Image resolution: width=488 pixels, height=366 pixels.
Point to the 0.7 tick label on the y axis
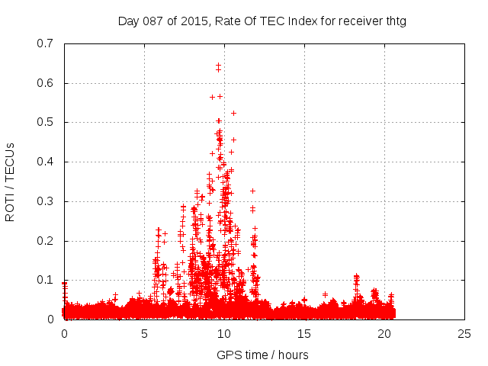(x=47, y=43)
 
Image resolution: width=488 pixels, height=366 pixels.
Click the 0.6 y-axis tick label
(x=47, y=83)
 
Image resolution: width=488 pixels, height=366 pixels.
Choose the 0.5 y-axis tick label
(x=47, y=122)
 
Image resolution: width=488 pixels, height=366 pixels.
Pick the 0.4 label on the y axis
(x=47, y=162)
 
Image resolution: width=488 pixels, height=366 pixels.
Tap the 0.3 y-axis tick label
(x=47, y=201)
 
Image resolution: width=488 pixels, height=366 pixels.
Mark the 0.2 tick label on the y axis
(x=47, y=241)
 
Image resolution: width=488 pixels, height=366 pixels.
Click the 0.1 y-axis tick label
(x=47, y=280)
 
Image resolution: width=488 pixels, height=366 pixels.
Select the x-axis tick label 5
(x=144, y=333)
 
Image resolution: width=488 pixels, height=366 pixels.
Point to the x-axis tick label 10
(x=224, y=333)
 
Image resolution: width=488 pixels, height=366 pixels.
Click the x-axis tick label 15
(x=304, y=333)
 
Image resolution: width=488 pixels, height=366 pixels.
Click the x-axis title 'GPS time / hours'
(x=262, y=355)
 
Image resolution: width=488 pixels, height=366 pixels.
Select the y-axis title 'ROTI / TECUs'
(x=11, y=181)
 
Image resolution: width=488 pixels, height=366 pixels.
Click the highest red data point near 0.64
(x=218, y=66)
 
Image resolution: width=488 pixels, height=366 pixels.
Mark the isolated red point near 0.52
(x=233, y=113)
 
